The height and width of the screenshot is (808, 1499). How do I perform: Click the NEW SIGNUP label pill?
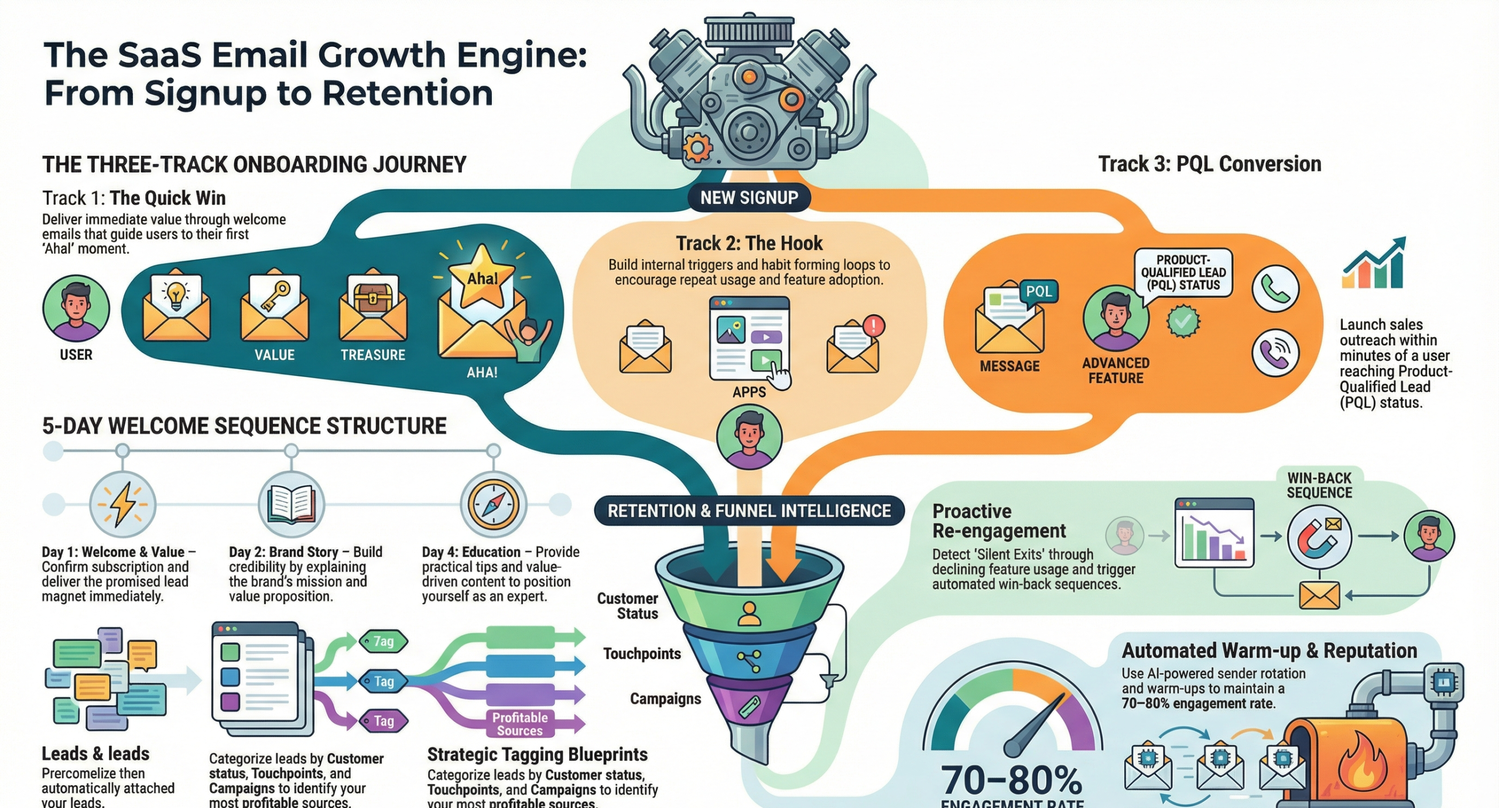pyautogui.click(x=749, y=198)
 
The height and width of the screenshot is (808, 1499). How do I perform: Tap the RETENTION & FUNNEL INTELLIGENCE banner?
pyautogui.click(x=749, y=511)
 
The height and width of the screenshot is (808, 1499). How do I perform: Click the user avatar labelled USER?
pyautogui.click(x=76, y=309)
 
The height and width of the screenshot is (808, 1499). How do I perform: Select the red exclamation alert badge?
pyautogui.click(x=874, y=326)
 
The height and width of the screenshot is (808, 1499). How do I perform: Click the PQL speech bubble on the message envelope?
pyautogui.click(x=1038, y=292)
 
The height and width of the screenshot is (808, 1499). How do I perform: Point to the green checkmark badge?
pyautogui.click(x=1183, y=320)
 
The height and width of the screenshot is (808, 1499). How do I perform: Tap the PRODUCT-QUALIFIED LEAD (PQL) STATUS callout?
pyautogui.click(x=1183, y=272)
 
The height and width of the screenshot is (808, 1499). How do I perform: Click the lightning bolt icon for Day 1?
pyautogui.click(x=122, y=504)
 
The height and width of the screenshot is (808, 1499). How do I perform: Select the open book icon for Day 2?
pyautogui.click(x=291, y=504)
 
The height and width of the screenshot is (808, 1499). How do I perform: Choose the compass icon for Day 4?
pyautogui.click(x=493, y=504)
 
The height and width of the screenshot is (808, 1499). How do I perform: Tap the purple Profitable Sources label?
pyautogui.click(x=519, y=724)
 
